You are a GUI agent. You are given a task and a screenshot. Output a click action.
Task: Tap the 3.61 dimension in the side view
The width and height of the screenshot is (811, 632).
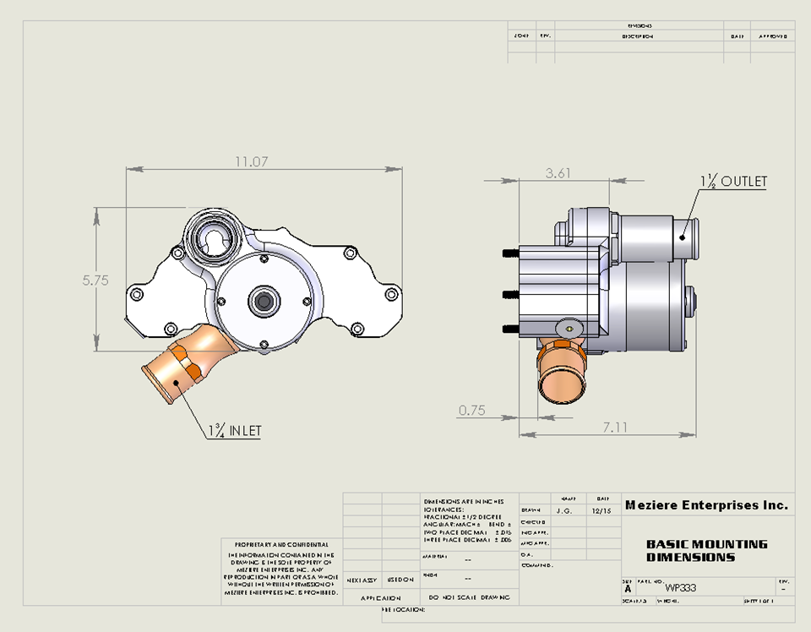[558, 172]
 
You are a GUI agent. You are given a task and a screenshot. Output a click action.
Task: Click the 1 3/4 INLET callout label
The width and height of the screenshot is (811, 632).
[234, 430]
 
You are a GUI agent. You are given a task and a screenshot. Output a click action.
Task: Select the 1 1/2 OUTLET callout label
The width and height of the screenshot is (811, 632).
[732, 181]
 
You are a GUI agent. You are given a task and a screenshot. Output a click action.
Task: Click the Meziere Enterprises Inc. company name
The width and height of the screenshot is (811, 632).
[706, 505]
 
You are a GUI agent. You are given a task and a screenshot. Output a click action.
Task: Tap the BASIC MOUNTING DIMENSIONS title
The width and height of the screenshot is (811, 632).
[706, 551]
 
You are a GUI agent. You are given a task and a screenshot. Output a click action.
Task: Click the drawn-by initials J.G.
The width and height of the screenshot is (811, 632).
[565, 510]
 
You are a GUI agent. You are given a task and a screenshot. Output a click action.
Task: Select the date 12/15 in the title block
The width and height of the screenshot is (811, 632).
[601, 510]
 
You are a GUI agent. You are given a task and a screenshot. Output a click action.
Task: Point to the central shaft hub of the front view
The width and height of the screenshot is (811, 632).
[264, 300]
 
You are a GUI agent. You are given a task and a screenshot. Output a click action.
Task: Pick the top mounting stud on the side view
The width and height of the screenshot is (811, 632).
[509, 253]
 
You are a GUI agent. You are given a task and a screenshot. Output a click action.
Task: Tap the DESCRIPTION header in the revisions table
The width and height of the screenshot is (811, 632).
[638, 37]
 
